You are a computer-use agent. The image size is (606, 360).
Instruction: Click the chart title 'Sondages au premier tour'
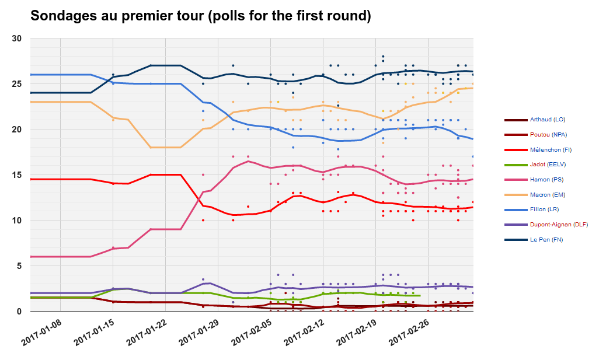click(x=200, y=16)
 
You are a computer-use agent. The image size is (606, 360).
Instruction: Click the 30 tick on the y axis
click(x=17, y=39)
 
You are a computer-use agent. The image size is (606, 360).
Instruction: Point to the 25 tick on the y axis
click(x=17, y=84)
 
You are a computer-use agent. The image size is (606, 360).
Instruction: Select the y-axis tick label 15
click(x=17, y=175)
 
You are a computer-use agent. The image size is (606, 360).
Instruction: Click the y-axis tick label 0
click(x=19, y=312)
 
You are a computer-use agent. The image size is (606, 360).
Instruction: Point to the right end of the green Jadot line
click(x=420, y=296)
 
